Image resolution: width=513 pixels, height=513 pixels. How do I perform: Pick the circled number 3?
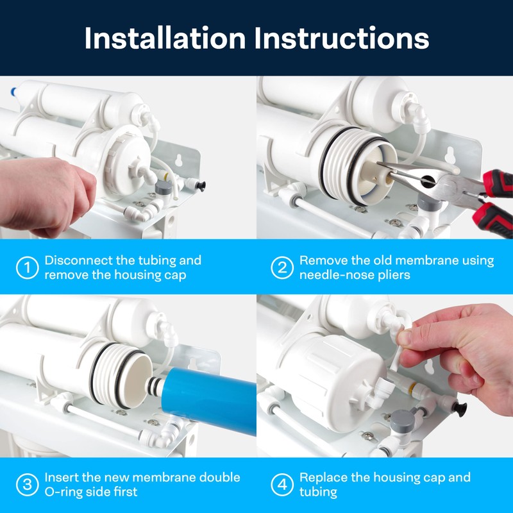pyautogui.click(x=26, y=485)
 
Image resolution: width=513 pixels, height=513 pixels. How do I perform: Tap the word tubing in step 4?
pyautogui.click(x=318, y=492)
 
